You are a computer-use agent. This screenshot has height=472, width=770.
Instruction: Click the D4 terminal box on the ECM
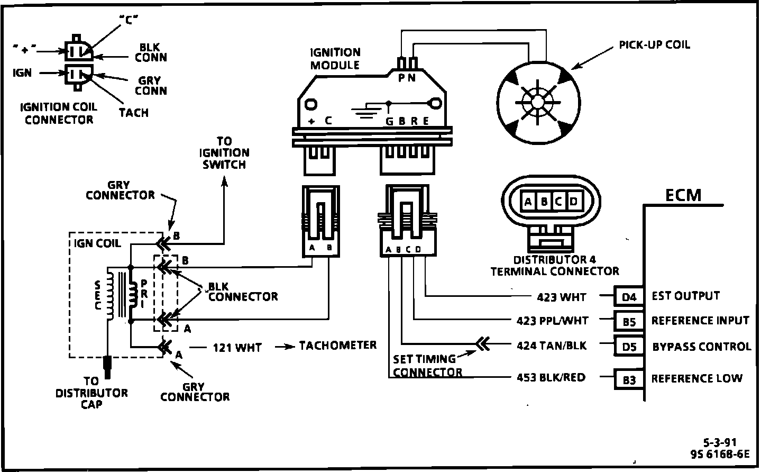[x=628, y=297]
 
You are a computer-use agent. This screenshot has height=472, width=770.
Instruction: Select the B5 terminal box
[x=628, y=321]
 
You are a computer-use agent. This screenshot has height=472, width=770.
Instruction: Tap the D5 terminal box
[x=628, y=347]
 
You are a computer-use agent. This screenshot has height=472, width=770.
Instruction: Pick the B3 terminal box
[x=628, y=379]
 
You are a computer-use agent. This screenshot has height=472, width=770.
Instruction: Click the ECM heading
[x=683, y=195]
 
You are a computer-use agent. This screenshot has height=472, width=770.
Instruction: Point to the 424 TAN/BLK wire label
[x=551, y=346]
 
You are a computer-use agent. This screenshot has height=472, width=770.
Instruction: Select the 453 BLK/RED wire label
[x=551, y=377]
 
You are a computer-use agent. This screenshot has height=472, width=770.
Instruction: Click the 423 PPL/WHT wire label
[x=552, y=321]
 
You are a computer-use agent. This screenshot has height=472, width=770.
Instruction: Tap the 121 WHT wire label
[x=237, y=348]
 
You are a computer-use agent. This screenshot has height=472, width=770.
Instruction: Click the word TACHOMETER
[x=338, y=346]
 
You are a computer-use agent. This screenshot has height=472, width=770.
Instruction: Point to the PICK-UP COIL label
[x=654, y=45]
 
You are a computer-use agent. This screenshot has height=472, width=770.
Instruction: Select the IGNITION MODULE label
[x=335, y=59]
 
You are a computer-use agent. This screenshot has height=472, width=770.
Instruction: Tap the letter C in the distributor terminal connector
[x=558, y=202]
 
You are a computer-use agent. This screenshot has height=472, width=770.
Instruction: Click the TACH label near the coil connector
[x=133, y=113]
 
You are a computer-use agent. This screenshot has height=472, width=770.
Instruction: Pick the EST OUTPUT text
[x=685, y=296]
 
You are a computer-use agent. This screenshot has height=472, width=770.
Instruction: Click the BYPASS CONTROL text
[x=701, y=347]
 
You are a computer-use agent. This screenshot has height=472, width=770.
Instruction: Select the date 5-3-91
[x=720, y=442]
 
